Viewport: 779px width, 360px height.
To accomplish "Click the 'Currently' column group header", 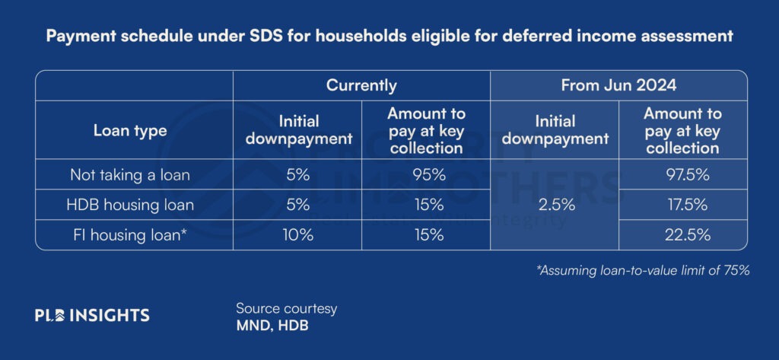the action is (361, 85).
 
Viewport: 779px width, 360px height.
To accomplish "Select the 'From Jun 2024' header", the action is (618, 85).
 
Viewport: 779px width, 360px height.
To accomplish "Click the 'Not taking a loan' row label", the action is (130, 174).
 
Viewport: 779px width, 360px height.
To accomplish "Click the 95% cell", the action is (426, 174).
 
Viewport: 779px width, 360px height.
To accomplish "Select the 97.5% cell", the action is (682, 174).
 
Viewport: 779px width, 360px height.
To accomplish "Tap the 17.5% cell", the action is (682, 205).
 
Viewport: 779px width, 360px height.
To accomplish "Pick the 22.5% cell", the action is (682, 234).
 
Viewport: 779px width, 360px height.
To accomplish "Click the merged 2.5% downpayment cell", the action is (555, 205).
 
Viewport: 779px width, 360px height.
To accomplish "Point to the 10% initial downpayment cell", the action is (297, 234).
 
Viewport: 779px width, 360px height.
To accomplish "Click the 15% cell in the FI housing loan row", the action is (426, 234).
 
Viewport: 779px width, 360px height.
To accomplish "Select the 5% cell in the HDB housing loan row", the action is (297, 205).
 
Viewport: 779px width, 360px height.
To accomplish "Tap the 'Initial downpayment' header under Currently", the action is (298, 130).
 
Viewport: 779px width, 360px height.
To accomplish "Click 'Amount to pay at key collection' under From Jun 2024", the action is (682, 130).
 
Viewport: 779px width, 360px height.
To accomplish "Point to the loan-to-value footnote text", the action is (642, 271).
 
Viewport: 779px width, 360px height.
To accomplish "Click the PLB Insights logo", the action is (92, 315).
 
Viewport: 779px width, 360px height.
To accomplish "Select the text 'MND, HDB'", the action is (272, 327).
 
